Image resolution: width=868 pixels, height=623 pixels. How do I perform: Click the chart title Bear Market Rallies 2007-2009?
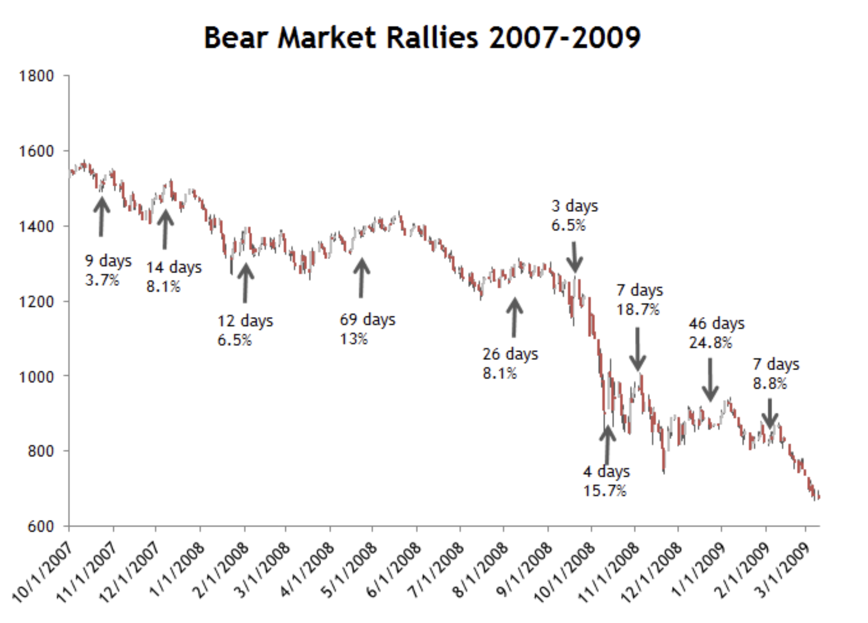click(422, 38)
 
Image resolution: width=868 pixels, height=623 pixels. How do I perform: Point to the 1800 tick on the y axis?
click(36, 76)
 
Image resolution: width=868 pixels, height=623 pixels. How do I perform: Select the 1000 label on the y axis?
click(36, 376)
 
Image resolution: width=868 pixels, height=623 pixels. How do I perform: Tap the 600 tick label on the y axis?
click(40, 526)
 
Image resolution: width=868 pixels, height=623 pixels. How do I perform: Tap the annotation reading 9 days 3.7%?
click(108, 270)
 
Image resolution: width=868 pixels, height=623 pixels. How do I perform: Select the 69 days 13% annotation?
click(367, 329)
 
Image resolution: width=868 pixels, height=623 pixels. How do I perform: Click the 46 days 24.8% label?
click(716, 333)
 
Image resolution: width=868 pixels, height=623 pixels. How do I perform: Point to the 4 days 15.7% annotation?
click(606, 481)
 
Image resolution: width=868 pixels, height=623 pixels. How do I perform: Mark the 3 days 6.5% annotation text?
click(574, 215)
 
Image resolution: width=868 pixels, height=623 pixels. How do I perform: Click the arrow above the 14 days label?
click(165, 229)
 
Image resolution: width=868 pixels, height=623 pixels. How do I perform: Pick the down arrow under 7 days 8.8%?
click(769, 413)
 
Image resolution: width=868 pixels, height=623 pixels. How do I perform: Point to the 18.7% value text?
click(638, 310)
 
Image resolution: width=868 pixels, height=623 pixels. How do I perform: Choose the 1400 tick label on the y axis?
click(36, 226)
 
